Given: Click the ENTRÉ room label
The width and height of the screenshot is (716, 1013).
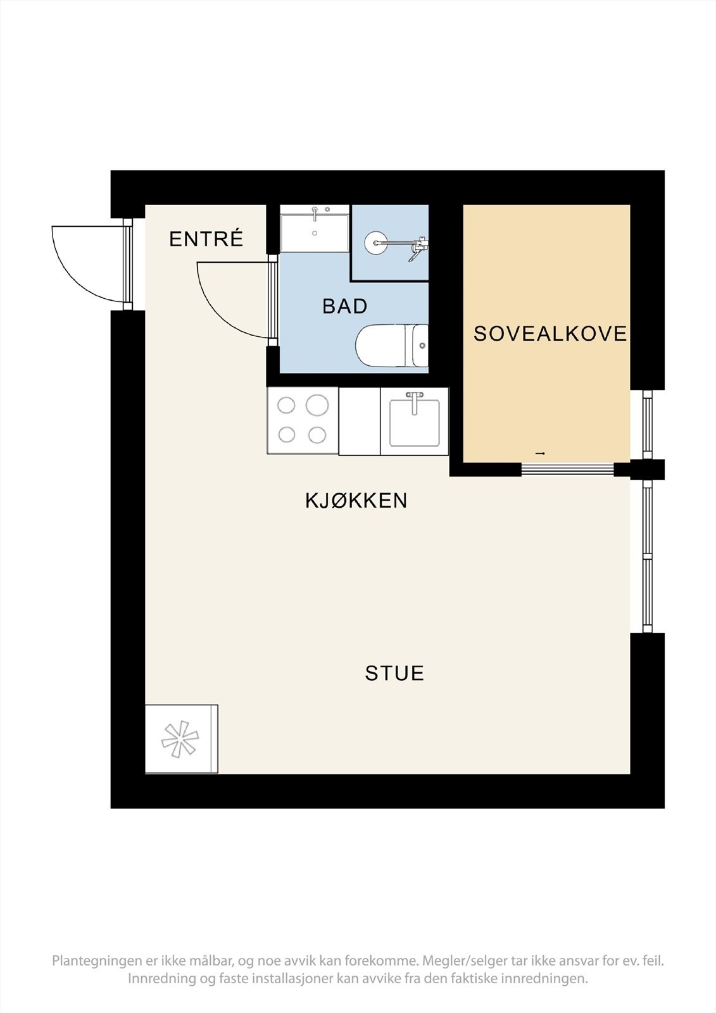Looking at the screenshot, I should pyautogui.click(x=206, y=239).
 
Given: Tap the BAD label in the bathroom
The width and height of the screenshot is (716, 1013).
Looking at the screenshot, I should pyautogui.click(x=345, y=306).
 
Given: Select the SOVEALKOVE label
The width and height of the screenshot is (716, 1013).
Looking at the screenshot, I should pyautogui.click(x=550, y=334).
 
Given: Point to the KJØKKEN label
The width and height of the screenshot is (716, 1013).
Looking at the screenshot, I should pyautogui.click(x=356, y=501).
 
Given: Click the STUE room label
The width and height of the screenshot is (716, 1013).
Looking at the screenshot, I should pyautogui.click(x=394, y=673).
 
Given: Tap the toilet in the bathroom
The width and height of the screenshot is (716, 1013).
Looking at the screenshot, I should pyautogui.click(x=389, y=346).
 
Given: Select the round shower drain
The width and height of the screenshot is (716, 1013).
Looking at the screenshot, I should pyautogui.click(x=375, y=242).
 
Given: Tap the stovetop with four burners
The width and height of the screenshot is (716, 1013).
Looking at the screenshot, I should pyautogui.click(x=303, y=420).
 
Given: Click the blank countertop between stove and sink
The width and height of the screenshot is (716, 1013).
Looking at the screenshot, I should pyautogui.click(x=360, y=421).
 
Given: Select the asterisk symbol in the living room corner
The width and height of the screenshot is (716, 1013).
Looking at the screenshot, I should pyautogui.click(x=180, y=739).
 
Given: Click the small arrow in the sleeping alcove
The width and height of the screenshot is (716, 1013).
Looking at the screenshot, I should pyautogui.click(x=540, y=453).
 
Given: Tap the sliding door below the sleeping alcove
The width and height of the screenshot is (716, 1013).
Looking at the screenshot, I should pyautogui.click(x=567, y=469).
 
